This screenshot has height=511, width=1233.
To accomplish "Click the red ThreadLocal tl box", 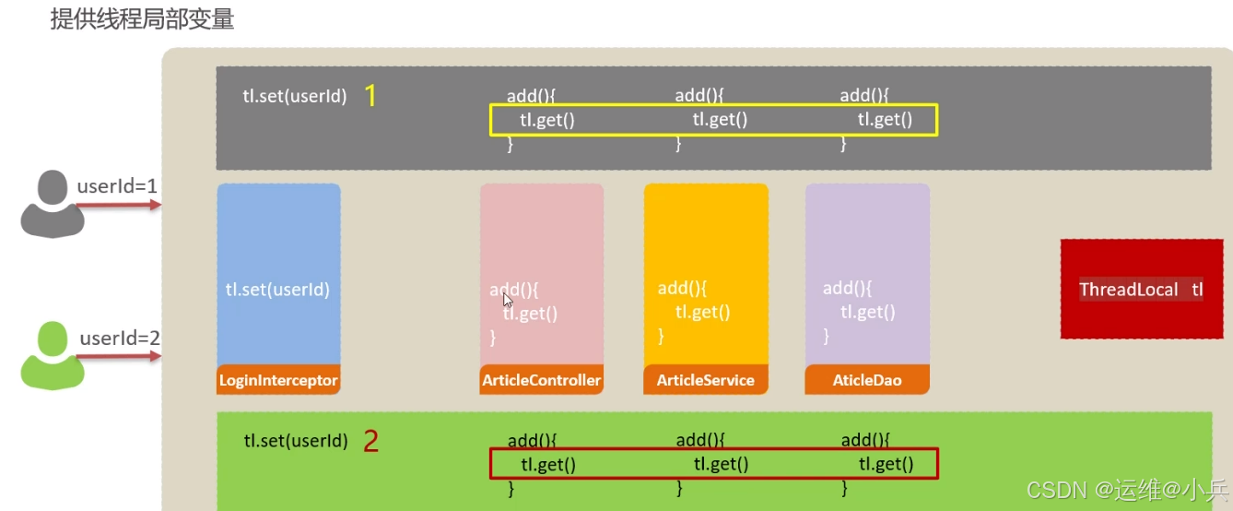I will click(1141, 289).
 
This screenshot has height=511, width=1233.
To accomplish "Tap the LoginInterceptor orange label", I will click(278, 380).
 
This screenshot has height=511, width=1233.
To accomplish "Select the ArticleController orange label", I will click(541, 380).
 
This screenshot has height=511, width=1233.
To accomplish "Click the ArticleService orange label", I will click(705, 380).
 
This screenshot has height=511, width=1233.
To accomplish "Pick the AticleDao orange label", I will click(867, 380).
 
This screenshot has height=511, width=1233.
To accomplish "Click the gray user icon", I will click(52, 205).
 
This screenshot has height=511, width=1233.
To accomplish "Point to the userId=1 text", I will click(117, 186).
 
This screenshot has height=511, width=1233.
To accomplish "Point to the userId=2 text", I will click(120, 339).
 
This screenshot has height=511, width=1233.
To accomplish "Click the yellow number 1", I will click(370, 95).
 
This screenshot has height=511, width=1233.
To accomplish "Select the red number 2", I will click(370, 441).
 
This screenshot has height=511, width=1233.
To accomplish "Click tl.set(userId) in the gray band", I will click(295, 96).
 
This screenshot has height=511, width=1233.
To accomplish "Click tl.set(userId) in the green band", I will click(296, 441).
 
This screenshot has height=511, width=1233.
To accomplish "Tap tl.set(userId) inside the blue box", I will click(277, 289).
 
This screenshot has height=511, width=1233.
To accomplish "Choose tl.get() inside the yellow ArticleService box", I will click(702, 312).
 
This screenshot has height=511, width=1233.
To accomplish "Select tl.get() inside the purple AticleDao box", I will click(867, 312).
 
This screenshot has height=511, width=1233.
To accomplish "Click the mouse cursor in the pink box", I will click(508, 300).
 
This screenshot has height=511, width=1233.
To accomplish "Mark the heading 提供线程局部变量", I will click(142, 19).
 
